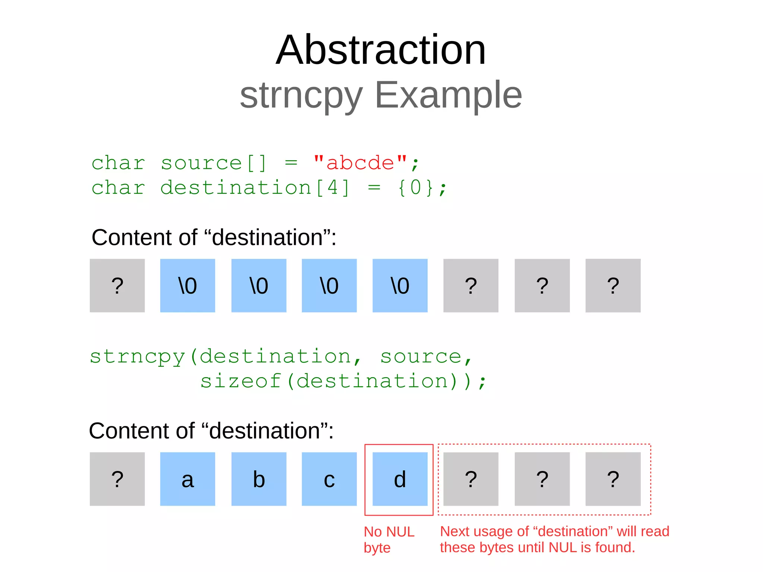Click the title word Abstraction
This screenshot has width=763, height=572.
pyautogui.click(x=381, y=50)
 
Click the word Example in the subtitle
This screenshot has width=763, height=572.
pyautogui.click(x=448, y=95)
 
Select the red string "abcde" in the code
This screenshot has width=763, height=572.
pyautogui.click(x=360, y=163)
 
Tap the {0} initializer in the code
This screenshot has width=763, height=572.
pyautogui.click(x=416, y=187)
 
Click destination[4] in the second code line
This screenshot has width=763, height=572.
pyautogui.click(x=255, y=187)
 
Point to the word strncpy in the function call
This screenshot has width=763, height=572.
pyautogui.click(x=137, y=357)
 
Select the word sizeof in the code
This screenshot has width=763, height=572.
pyautogui.click(x=241, y=381)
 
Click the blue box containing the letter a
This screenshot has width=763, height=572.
pyautogui.click(x=187, y=479)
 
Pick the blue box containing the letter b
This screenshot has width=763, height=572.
pyautogui.click(x=259, y=479)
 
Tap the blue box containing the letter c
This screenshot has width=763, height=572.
pyautogui.click(x=329, y=479)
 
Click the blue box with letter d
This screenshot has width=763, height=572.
pyautogui.click(x=400, y=479)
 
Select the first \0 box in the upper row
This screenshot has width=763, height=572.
pyautogui.click(x=187, y=285)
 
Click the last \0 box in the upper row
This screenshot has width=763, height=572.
pyautogui.click(x=400, y=285)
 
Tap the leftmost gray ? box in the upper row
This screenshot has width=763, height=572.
pyautogui.click(x=117, y=285)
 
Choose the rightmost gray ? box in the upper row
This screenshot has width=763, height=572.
pyautogui.click(x=613, y=285)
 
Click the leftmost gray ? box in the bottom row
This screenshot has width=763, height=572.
pyautogui.click(x=117, y=479)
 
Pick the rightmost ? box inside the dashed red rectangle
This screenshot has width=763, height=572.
pyautogui.click(x=613, y=479)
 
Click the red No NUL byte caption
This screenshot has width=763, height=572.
pyautogui.click(x=389, y=539)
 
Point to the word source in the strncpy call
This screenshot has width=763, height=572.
pyautogui.click(x=421, y=357)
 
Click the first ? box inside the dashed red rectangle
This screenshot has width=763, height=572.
pyautogui.click(x=471, y=479)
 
